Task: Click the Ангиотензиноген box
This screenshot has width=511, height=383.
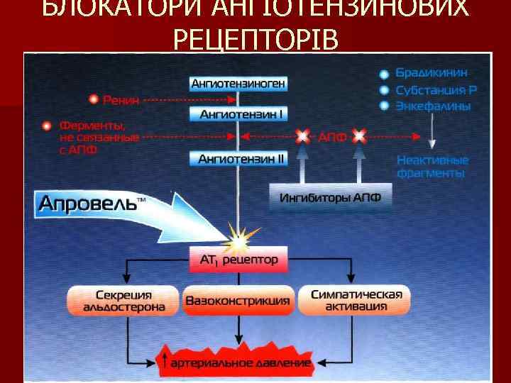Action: pyautogui.click(x=238, y=84)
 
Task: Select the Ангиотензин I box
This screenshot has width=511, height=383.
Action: pyautogui.click(x=238, y=113)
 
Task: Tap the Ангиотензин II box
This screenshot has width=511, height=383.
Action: pyautogui.click(x=238, y=159)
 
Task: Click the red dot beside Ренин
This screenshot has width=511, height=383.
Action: pyautogui.click(x=93, y=99)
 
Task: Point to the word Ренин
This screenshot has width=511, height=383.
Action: pyautogui.click(x=121, y=100)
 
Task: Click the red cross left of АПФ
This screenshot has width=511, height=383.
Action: pyautogui.click(x=303, y=135)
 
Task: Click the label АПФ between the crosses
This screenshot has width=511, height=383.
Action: pyautogui.click(x=331, y=136)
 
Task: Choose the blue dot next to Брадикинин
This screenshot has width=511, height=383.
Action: pyautogui.click(x=384, y=74)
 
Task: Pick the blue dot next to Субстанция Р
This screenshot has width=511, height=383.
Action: pyautogui.click(x=384, y=91)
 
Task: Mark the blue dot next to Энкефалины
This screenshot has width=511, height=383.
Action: pyautogui.click(x=384, y=106)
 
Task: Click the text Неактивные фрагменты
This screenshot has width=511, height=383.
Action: pyautogui.click(x=432, y=166)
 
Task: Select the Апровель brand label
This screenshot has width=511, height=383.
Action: pyautogui.click(x=89, y=203)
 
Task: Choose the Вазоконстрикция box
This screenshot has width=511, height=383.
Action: pyautogui.click(x=238, y=301)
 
